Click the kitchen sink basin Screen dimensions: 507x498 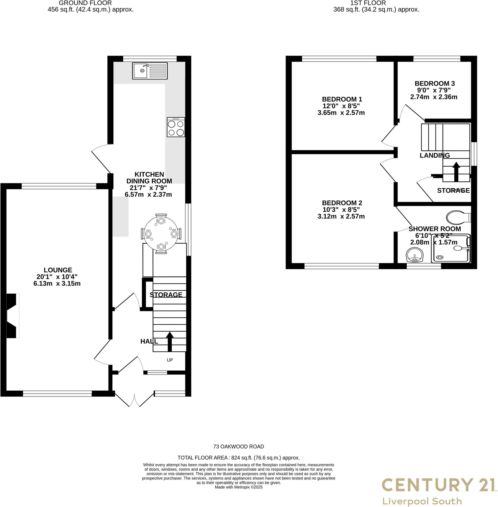tap(140, 71)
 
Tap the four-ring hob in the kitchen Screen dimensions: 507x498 tap(176, 127)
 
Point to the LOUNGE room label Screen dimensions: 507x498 tap(58, 270)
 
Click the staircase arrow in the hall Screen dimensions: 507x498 tap(170, 341)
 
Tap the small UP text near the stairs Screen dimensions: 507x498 tap(170, 360)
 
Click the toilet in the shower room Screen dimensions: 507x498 tap(458, 218)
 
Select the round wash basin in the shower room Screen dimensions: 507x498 tap(415, 255)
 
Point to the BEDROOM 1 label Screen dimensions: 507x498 tap(342, 99)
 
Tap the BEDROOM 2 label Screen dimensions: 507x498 tap(342, 203)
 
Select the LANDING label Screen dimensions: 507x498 tap(434, 155)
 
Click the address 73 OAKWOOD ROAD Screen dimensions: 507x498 tap(238, 447)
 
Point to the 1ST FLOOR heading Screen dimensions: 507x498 tap(368, 3)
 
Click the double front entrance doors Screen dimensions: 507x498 tap(134, 399)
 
